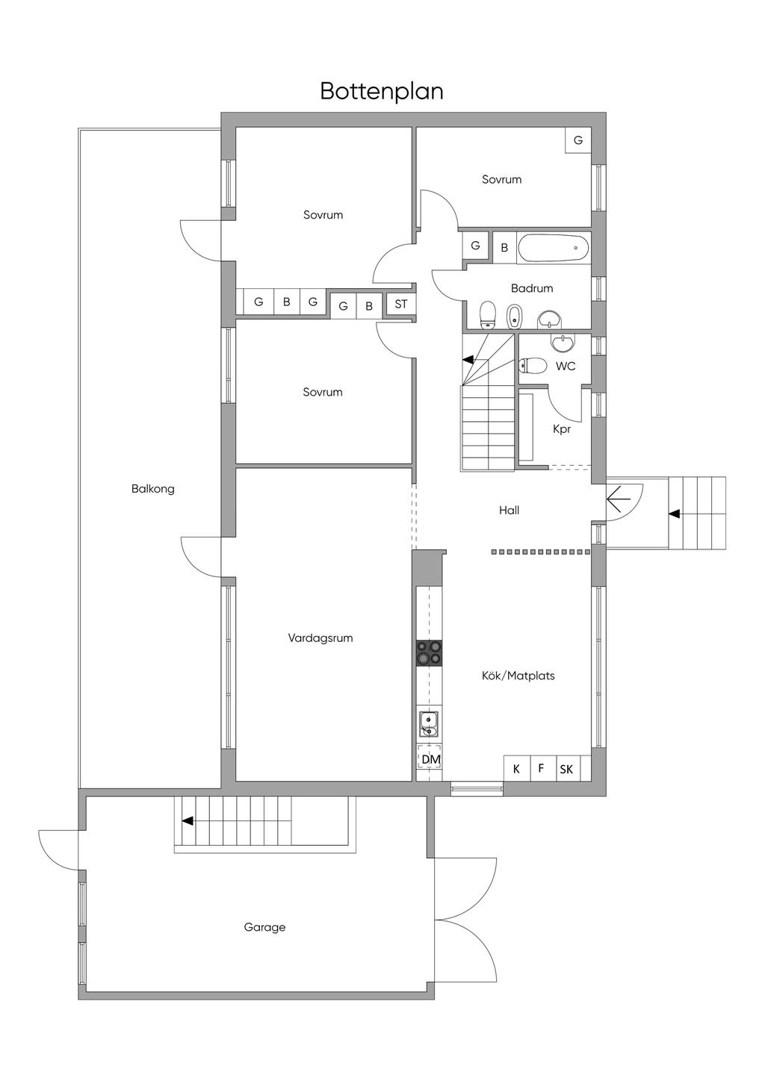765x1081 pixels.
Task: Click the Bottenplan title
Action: pos(382,90)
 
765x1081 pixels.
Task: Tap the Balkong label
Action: pos(152,489)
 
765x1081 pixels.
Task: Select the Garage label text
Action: pos(264,927)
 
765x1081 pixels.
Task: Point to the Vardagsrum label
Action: pos(320,638)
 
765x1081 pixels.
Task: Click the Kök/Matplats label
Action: pos(518,676)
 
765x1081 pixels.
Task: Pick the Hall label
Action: pos(509,511)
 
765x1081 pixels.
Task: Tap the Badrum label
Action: pos(532,288)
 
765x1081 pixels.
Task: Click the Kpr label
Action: pos(562,429)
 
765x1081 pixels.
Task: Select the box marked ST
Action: pos(401,305)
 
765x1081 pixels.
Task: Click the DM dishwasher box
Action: pos(430,759)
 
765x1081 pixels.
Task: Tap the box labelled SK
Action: pos(566,768)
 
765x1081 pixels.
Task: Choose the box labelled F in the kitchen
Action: pos(541,768)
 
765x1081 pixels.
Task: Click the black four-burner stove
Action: pos(430,652)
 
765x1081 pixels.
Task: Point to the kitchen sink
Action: pos(429,723)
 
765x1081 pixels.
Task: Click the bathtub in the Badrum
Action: pos(553,248)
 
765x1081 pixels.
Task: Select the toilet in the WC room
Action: pos(532,366)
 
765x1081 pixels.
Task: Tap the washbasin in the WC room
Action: pos(563,343)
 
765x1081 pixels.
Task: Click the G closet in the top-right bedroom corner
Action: pos(577,140)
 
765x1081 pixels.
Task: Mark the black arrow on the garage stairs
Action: pos(188,820)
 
